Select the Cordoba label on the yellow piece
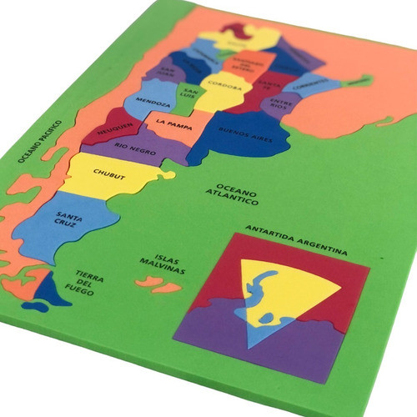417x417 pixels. pyautogui.click(x=225, y=86)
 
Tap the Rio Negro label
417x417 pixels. pyautogui.click(x=135, y=148)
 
